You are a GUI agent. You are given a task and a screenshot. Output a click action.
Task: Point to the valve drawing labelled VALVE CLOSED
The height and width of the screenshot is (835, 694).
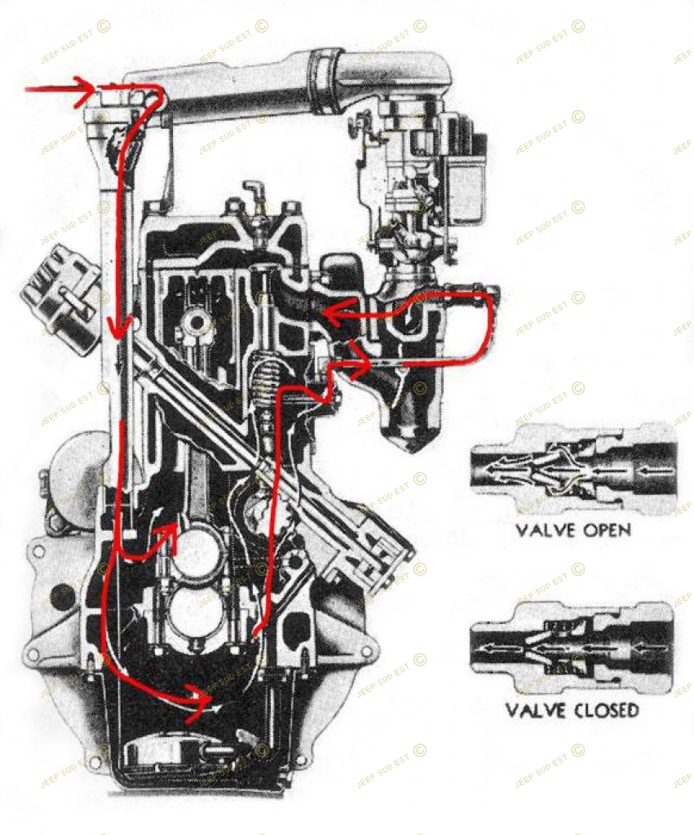[x=573, y=648]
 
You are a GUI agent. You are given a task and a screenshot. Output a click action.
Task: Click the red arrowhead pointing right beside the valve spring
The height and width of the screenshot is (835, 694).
[x=359, y=369]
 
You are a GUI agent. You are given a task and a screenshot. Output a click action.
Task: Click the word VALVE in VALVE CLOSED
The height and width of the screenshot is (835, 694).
[x=535, y=710]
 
